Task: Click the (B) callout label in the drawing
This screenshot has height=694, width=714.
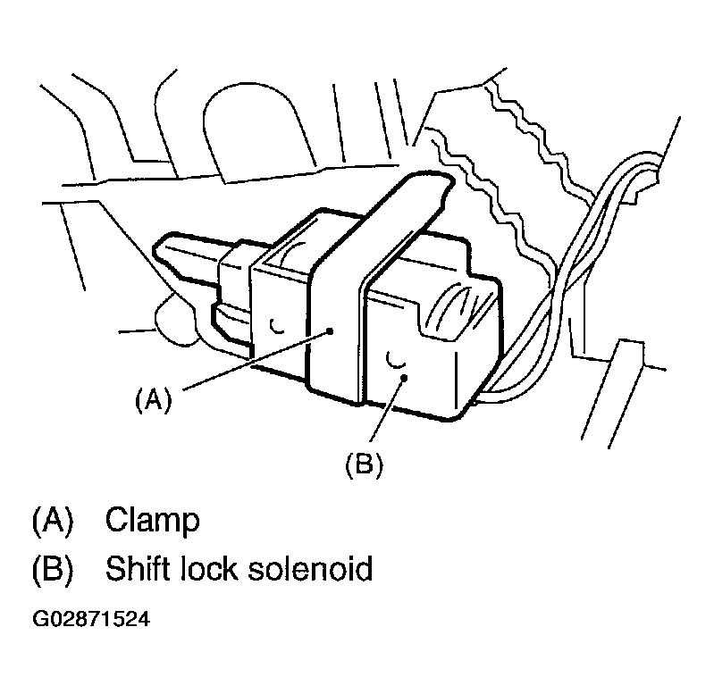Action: [x=364, y=465]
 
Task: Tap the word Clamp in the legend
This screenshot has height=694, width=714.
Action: [x=152, y=521]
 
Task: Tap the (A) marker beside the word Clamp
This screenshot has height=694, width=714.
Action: [x=52, y=521]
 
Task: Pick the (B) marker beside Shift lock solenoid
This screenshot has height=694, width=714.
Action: [x=52, y=569]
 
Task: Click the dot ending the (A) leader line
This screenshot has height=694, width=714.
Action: [x=331, y=330]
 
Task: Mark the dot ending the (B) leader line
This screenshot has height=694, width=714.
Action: [x=404, y=379]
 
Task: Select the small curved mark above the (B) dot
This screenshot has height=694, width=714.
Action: [x=393, y=358]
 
